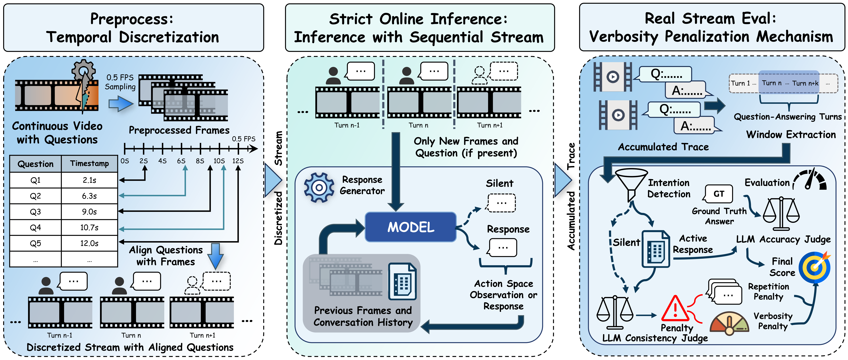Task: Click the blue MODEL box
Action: pyautogui.click(x=411, y=227)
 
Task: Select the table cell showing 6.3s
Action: pyautogui.click(x=89, y=196)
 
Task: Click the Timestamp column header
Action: pyautogui.click(x=89, y=164)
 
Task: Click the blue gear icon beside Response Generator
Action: pyautogui.click(x=319, y=187)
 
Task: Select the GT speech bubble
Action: pyautogui.click(x=719, y=194)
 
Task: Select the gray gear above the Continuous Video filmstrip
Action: pyautogui.click(x=84, y=70)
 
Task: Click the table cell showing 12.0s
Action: pyautogui.click(x=89, y=243)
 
